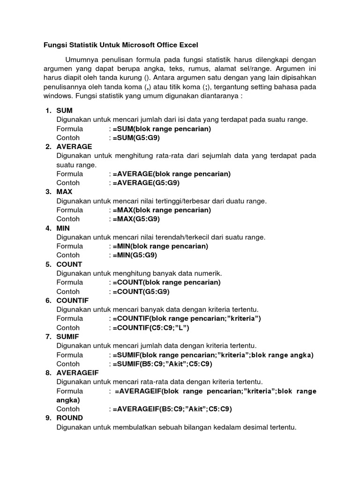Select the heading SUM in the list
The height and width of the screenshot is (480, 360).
(x=64, y=111)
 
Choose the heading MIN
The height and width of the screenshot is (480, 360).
(x=63, y=228)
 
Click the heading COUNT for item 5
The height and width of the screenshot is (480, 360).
(x=69, y=264)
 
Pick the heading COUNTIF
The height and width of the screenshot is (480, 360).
(x=72, y=300)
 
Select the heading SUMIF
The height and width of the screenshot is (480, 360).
(x=67, y=337)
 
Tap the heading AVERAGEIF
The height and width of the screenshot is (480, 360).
(x=76, y=373)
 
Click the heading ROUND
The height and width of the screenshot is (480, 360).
(x=69, y=418)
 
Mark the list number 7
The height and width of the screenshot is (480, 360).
(x=48, y=337)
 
